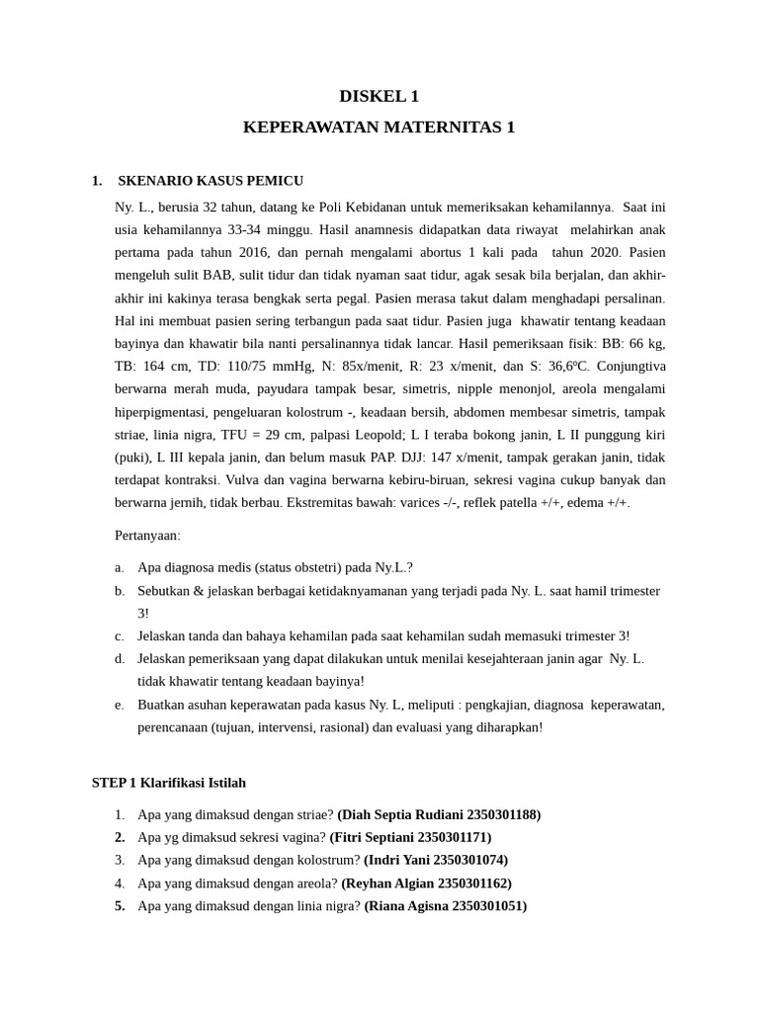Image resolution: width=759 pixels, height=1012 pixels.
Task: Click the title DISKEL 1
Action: click(x=379, y=96)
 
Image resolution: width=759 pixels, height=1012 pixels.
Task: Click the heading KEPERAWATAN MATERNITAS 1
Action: click(x=379, y=127)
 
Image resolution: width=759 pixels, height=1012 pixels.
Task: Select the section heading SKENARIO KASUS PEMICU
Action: click(x=210, y=181)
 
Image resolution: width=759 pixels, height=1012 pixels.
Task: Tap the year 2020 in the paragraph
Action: click(x=605, y=252)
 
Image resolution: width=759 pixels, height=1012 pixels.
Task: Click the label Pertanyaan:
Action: click(x=148, y=535)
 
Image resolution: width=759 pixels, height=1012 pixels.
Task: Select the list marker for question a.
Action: click(x=119, y=567)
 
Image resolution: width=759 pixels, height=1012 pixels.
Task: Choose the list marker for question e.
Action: click(x=119, y=705)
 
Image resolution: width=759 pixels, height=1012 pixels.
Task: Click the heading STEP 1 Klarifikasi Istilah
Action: click(x=169, y=782)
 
